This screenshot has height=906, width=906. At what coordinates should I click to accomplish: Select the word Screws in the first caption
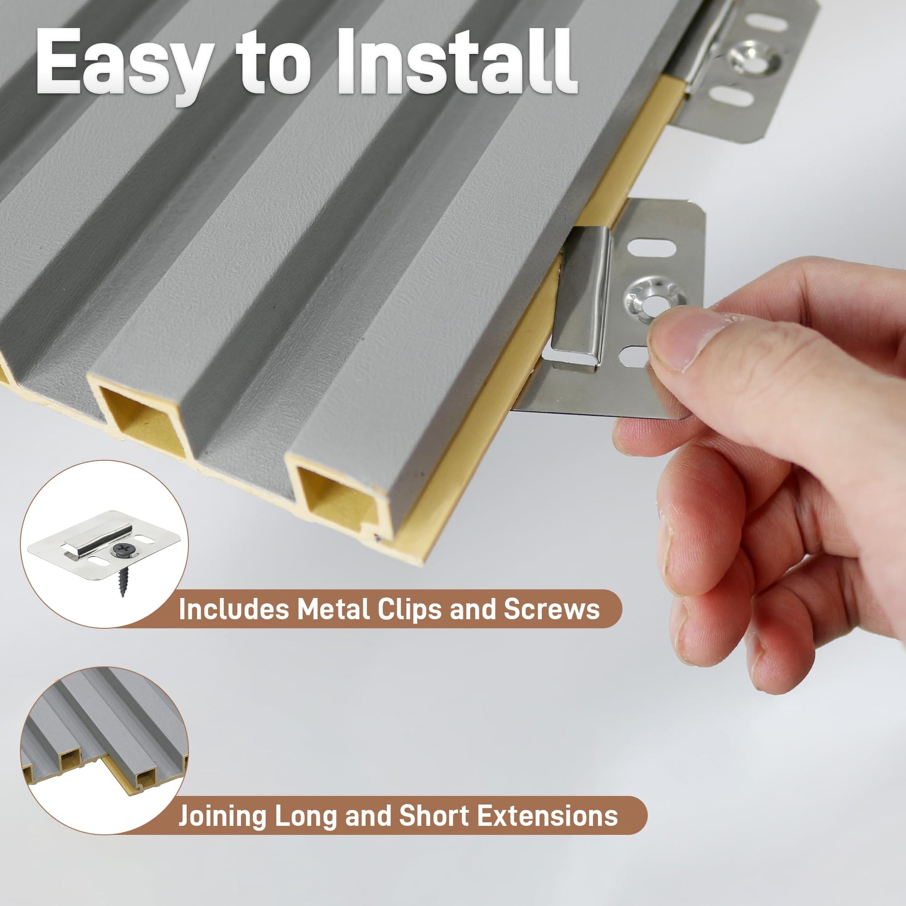[x=551, y=609]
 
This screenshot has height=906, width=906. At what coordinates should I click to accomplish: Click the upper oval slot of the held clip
[x=652, y=248]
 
